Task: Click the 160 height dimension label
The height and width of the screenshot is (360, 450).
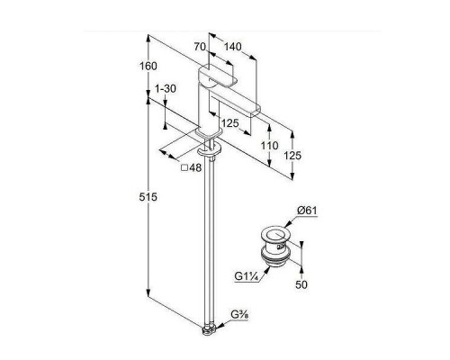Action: coord(148,66)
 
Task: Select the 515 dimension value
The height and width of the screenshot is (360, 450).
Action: coord(148,197)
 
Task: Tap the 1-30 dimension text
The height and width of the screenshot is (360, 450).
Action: coord(166,89)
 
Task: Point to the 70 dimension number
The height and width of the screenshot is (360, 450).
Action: coord(200,47)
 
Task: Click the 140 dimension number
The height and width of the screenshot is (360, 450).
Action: coord(232,47)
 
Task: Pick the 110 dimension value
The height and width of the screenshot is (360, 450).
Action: coord(269,146)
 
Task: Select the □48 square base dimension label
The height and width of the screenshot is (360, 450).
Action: coord(191,167)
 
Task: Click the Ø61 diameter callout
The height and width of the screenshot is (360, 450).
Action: coord(307,211)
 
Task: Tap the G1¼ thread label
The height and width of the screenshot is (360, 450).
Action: coord(247,276)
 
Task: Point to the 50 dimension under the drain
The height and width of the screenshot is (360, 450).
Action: coord(301,284)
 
